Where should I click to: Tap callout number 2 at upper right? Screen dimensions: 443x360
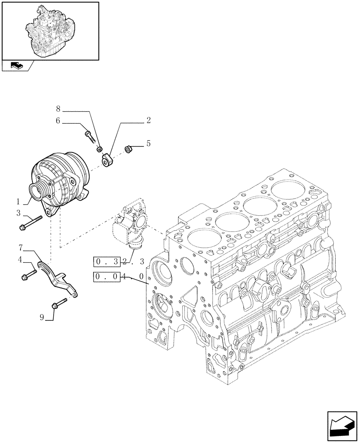(148, 120)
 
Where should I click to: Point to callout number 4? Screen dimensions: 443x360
(20, 260)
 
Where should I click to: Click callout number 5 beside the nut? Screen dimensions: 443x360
(149, 144)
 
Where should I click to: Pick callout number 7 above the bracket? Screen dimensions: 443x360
(20, 247)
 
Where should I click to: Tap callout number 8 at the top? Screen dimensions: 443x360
(58, 108)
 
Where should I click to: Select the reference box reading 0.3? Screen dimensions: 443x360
(107, 261)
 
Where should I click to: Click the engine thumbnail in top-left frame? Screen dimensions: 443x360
(50, 30)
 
